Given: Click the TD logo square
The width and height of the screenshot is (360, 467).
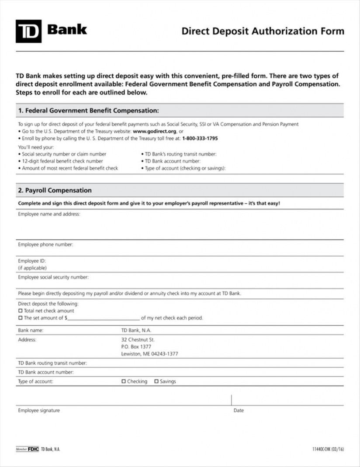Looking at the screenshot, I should (28, 31).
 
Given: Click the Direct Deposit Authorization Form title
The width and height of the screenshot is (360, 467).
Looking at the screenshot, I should (263, 31).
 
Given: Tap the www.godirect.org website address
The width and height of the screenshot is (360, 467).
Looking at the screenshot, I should (155, 131).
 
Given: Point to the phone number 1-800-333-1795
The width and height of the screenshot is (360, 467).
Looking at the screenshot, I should (200, 138).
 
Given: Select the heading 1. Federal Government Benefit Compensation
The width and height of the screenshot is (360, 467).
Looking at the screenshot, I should (88, 110).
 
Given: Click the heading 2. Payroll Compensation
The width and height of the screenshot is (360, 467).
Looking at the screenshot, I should (55, 191).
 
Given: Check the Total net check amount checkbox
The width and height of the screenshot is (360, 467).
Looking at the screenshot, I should (20, 311).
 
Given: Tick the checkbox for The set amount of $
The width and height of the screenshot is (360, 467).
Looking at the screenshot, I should (20, 318).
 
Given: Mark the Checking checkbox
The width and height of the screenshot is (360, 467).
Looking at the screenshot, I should (123, 381).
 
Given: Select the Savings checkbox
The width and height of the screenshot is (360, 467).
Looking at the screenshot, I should (156, 381).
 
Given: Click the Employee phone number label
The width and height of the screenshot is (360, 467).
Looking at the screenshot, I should (45, 244).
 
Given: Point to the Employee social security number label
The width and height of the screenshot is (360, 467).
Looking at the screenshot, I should (53, 277).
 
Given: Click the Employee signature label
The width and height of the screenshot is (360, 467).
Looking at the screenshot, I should (39, 411).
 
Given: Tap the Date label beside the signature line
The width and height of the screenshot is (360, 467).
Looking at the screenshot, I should (239, 411).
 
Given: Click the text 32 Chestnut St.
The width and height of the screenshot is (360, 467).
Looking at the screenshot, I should (138, 340).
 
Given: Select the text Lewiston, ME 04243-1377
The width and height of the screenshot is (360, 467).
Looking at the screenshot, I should (149, 354).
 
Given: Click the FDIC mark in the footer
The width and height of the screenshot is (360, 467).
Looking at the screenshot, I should (34, 449).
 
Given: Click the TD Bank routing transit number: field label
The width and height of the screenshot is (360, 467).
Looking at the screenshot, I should (52, 363).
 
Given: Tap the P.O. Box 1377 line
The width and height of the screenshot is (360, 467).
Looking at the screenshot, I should (136, 347).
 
